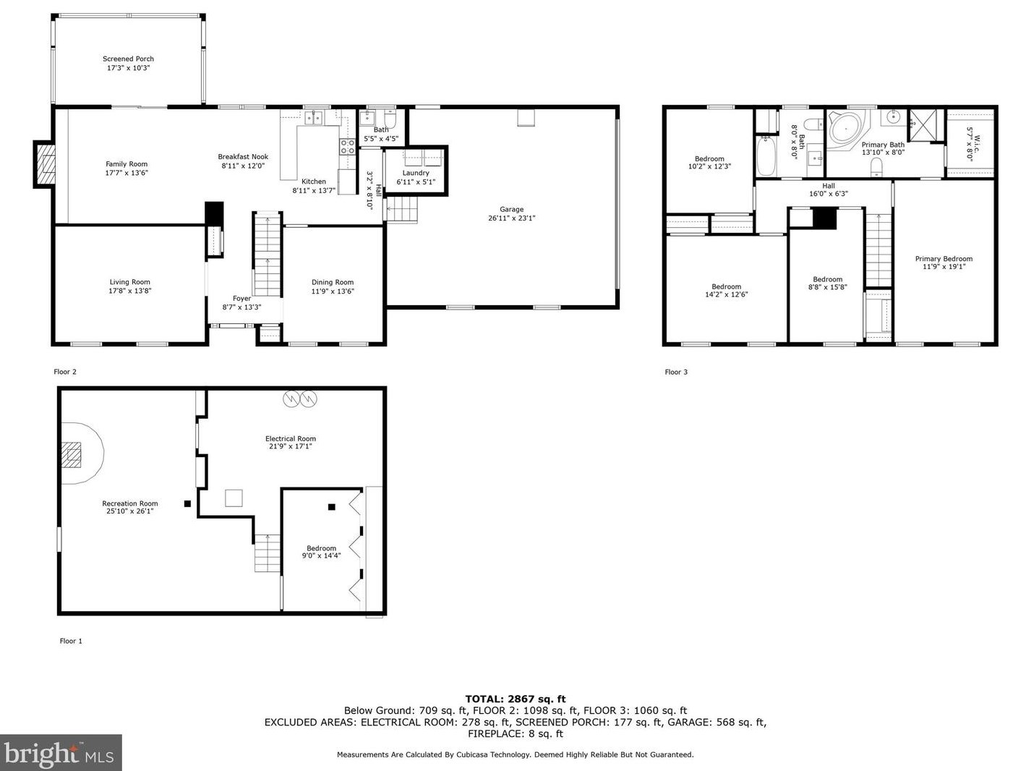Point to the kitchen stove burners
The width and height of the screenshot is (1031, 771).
pyautogui.click(x=348, y=147)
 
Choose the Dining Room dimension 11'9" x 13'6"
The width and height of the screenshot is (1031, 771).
pyautogui.click(x=333, y=291)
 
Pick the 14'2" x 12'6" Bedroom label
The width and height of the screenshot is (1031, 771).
pyautogui.click(x=726, y=290)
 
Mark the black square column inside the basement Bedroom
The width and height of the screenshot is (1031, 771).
pyautogui.click(x=332, y=507)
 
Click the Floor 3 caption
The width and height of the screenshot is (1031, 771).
pyautogui.click(x=676, y=372)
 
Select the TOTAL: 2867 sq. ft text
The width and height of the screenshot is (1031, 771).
pyautogui.click(x=515, y=699)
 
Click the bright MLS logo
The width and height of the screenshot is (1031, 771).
pyautogui.click(x=61, y=752)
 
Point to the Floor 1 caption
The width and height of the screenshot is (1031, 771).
pyautogui.click(x=71, y=641)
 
